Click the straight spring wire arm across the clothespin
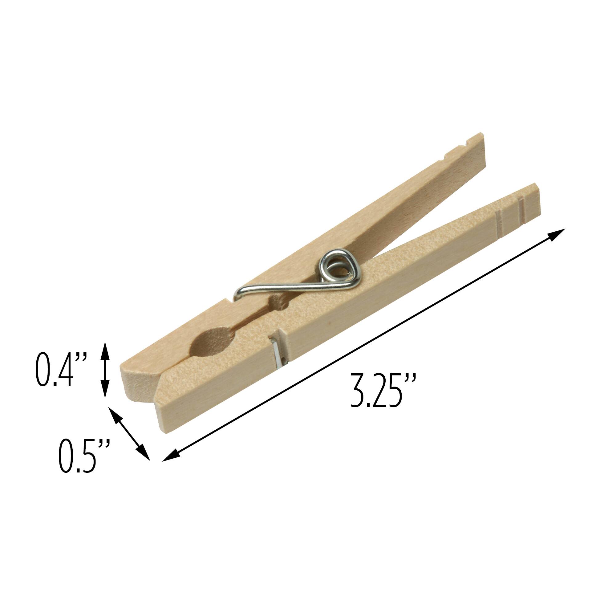coord(287,288)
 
